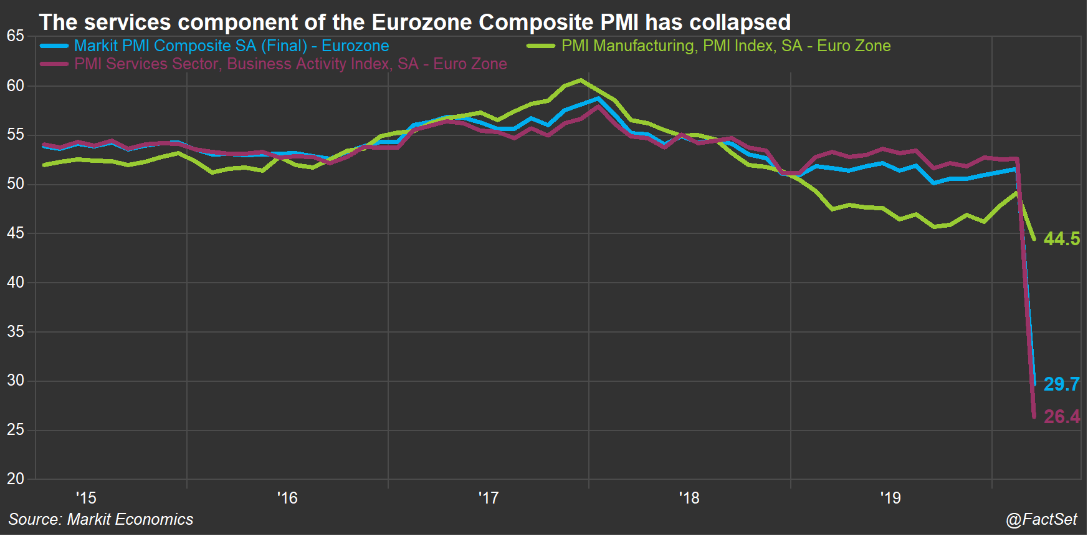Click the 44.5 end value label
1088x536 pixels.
[1061, 239]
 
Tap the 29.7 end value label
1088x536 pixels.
[1061, 384]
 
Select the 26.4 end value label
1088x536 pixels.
[1061, 416]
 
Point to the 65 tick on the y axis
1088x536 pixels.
[16, 36]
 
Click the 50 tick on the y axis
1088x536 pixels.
[16, 184]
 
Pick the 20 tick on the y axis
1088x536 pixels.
[16, 479]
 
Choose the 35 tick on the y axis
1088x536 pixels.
[16, 331]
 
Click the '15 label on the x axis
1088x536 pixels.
[86, 498]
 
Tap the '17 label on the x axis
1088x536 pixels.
[489, 498]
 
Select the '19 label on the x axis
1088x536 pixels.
[890, 498]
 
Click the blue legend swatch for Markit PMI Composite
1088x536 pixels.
[54, 46]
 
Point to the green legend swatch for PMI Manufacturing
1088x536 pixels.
[541, 46]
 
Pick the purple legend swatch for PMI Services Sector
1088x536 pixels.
[54, 64]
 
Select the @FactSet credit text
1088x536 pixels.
[1041, 519]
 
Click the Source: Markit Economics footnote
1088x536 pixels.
[101, 519]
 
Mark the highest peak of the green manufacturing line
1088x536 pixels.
[581, 80]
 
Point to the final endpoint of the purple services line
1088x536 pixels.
[1034, 417]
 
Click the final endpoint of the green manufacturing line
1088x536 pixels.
[1034, 239]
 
